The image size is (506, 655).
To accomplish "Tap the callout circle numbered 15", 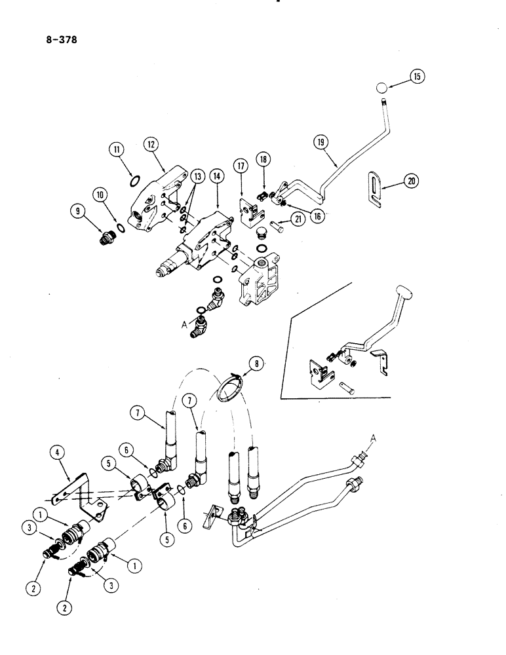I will (418, 77).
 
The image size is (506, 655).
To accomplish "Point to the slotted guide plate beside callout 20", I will (376, 189).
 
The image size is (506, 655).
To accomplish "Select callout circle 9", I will (79, 210).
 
